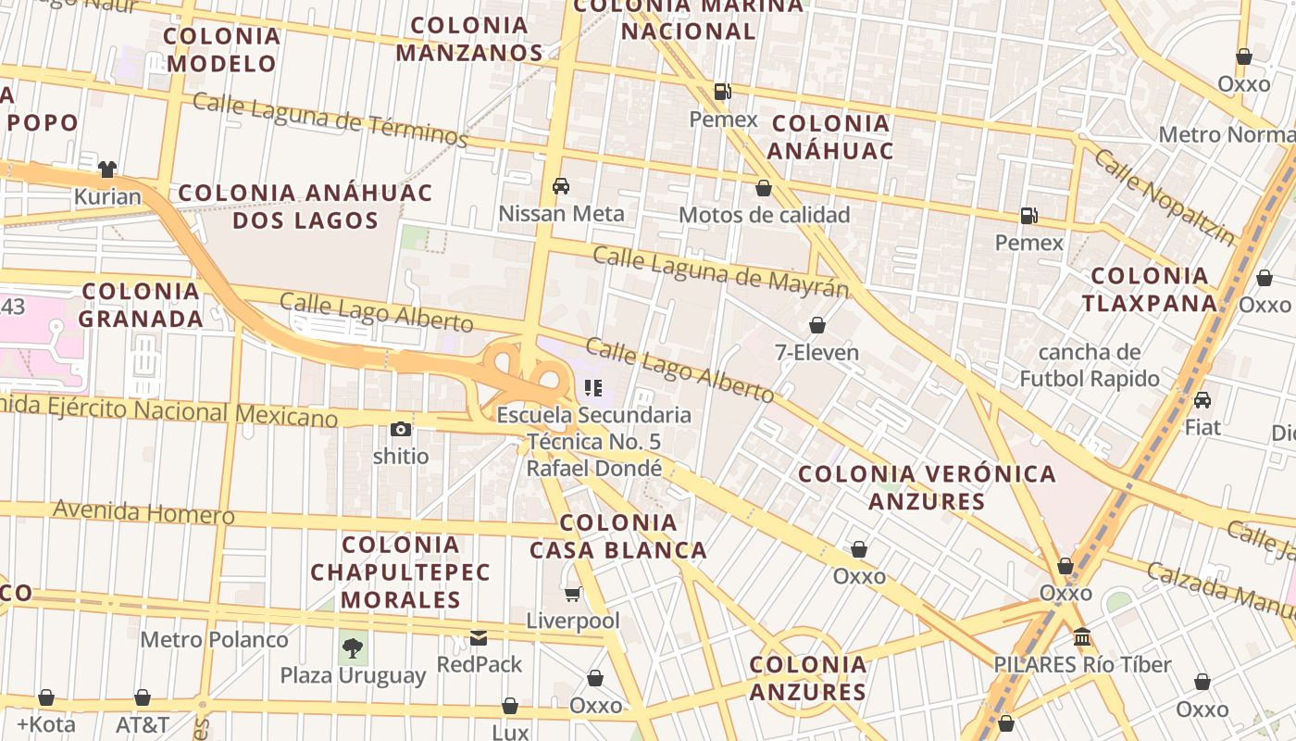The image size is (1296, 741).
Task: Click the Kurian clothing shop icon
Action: tap(107, 170)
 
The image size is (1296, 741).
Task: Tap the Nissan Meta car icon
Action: tap(561, 186)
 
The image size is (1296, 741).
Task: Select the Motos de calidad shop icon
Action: tap(764, 189)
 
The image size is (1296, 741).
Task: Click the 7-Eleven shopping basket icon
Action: tap(817, 325)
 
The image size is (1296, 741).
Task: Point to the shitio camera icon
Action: tap(401, 429)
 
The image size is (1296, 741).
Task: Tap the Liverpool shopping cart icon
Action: tap(573, 594)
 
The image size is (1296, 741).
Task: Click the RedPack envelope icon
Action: tap(479, 637)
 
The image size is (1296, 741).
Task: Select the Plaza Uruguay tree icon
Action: tap(352, 647)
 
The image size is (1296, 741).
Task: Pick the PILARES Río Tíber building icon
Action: tap(1082, 637)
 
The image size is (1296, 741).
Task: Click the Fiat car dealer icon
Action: tap(1203, 400)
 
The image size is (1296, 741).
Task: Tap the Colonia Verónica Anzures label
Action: tap(927, 488)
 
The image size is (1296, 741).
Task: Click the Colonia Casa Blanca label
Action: tap(618, 536)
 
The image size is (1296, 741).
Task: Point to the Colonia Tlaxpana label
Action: tap(1150, 289)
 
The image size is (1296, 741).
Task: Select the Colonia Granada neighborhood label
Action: tap(141, 305)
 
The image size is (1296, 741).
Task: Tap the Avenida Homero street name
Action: tap(143, 511)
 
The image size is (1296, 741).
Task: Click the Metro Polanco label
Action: tap(214, 639)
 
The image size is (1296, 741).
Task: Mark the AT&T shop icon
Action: tap(143, 697)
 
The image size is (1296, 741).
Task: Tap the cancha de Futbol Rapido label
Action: tap(1090, 365)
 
